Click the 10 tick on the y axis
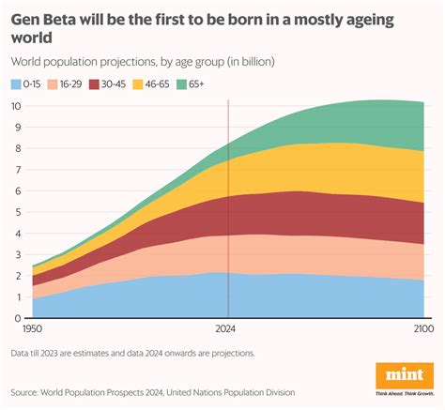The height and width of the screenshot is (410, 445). [x=17, y=106]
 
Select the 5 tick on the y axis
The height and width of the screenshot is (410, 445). [x=19, y=212]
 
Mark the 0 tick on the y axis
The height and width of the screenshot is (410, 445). [x=19, y=318]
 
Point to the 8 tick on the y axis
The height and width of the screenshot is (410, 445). [x=19, y=148]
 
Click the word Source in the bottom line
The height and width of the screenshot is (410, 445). [x=29, y=391]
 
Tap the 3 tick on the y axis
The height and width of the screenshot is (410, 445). [x=19, y=254]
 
